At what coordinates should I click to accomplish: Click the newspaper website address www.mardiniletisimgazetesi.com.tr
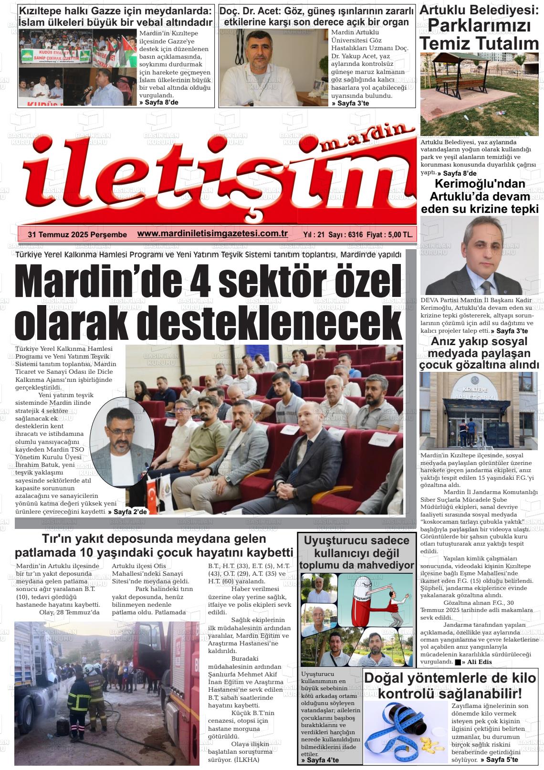coord(212,233)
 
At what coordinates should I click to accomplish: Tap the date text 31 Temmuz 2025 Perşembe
coord(77,234)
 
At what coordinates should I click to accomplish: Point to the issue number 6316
coord(356,234)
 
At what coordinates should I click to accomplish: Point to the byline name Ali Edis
coord(479,662)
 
